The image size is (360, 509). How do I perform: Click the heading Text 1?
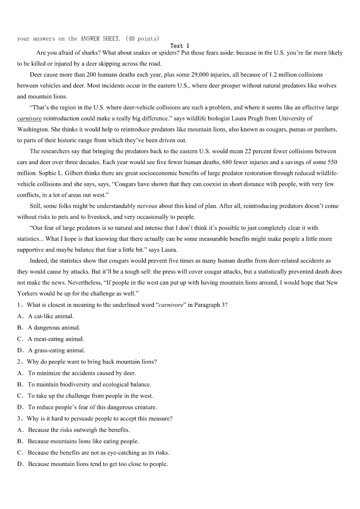180,46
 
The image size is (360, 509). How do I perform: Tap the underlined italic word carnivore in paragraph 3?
29,118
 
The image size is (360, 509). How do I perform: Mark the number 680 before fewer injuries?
252,162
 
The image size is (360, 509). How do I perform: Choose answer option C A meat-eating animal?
56,339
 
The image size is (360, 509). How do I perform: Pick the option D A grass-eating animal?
56,350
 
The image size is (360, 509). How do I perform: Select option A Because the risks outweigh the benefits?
78,430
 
